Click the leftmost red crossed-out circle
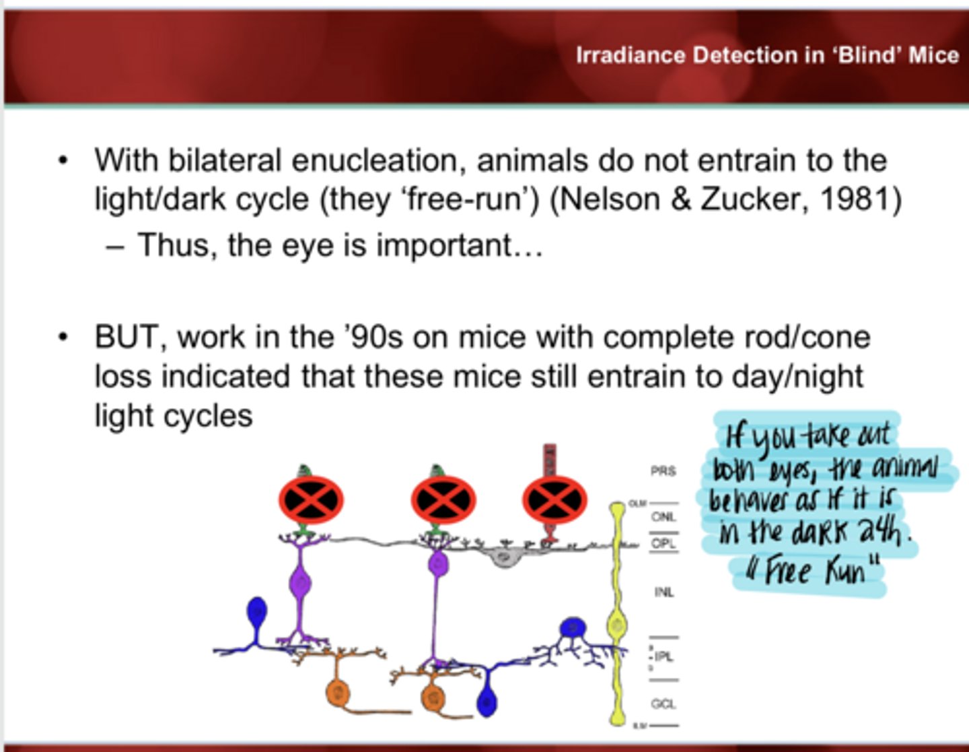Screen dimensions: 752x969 pyautogui.click(x=311, y=500)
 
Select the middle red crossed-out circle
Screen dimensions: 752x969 pyautogui.click(x=443, y=500)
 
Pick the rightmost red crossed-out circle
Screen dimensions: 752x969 pyautogui.click(x=554, y=500)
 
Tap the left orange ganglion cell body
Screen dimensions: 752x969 pyautogui.click(x=340, y=691)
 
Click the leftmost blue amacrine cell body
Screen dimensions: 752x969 pyautogui.click(x=256, y=612)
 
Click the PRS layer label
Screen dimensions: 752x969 pyautogui.click(x=663, y=471)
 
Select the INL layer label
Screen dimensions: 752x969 pyautogui.click(x=663, y=592)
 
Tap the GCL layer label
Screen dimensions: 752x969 pyautogui.click(x=663, y=704)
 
